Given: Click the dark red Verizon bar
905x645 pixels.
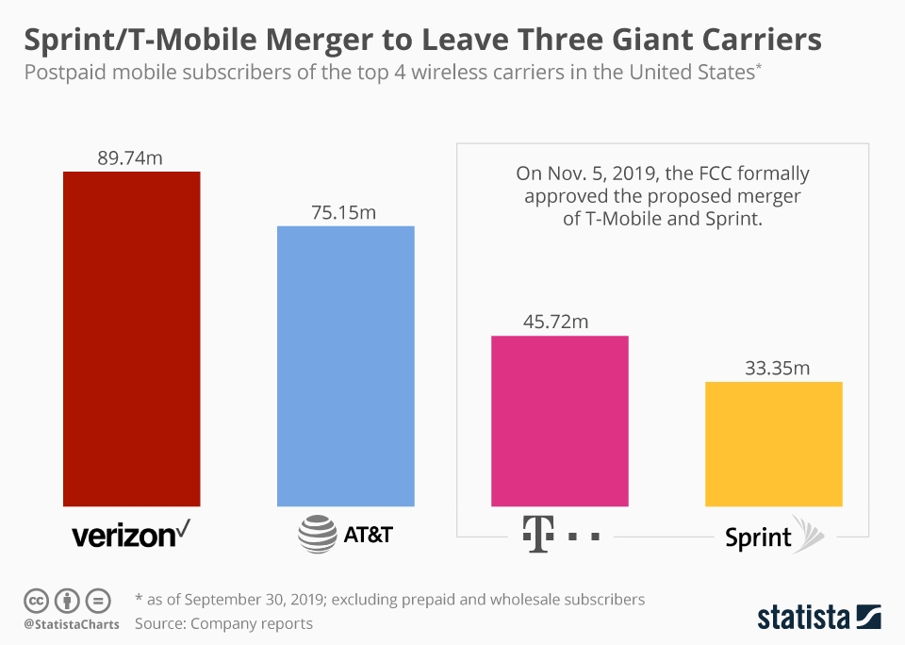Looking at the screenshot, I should tap(131, 339).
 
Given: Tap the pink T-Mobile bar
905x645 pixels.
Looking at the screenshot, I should tap(560, 421).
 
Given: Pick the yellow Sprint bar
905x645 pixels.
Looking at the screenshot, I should tap(773, 443).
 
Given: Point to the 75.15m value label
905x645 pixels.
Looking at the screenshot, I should tap(344, 213).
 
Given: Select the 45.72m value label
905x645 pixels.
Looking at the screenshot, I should tap(556, 322).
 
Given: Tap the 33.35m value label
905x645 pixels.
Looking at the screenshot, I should tap(774, 368).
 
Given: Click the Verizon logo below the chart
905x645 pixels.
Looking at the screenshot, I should tap(131, 536).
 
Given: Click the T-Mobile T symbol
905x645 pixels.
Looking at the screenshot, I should tap(535, 535).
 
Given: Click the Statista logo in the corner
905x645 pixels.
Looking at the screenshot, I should tap(819, 618).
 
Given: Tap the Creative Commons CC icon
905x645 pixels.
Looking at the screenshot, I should tap(36, 600).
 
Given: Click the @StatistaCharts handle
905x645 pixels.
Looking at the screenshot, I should tap(72, 624).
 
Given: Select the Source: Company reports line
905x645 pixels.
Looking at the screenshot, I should tap(223, 623).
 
